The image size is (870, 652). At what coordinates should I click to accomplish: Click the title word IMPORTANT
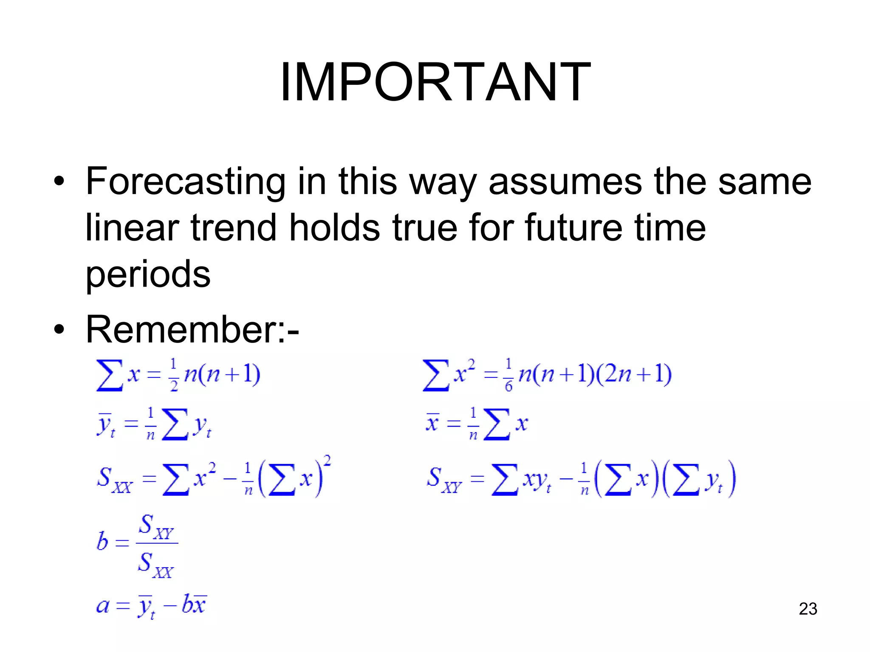coord(435,81)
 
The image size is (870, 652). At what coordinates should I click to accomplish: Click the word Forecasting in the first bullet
coord(185,182)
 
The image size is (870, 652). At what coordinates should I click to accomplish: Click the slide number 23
coord(808,609)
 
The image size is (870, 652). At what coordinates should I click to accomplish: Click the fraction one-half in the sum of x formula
coord(173,375)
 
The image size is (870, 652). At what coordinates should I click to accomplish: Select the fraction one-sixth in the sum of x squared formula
coord(508,375)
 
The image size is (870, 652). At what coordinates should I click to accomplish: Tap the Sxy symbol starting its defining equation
coord(443,480)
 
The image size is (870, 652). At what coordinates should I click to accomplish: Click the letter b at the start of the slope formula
coord(102,542)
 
